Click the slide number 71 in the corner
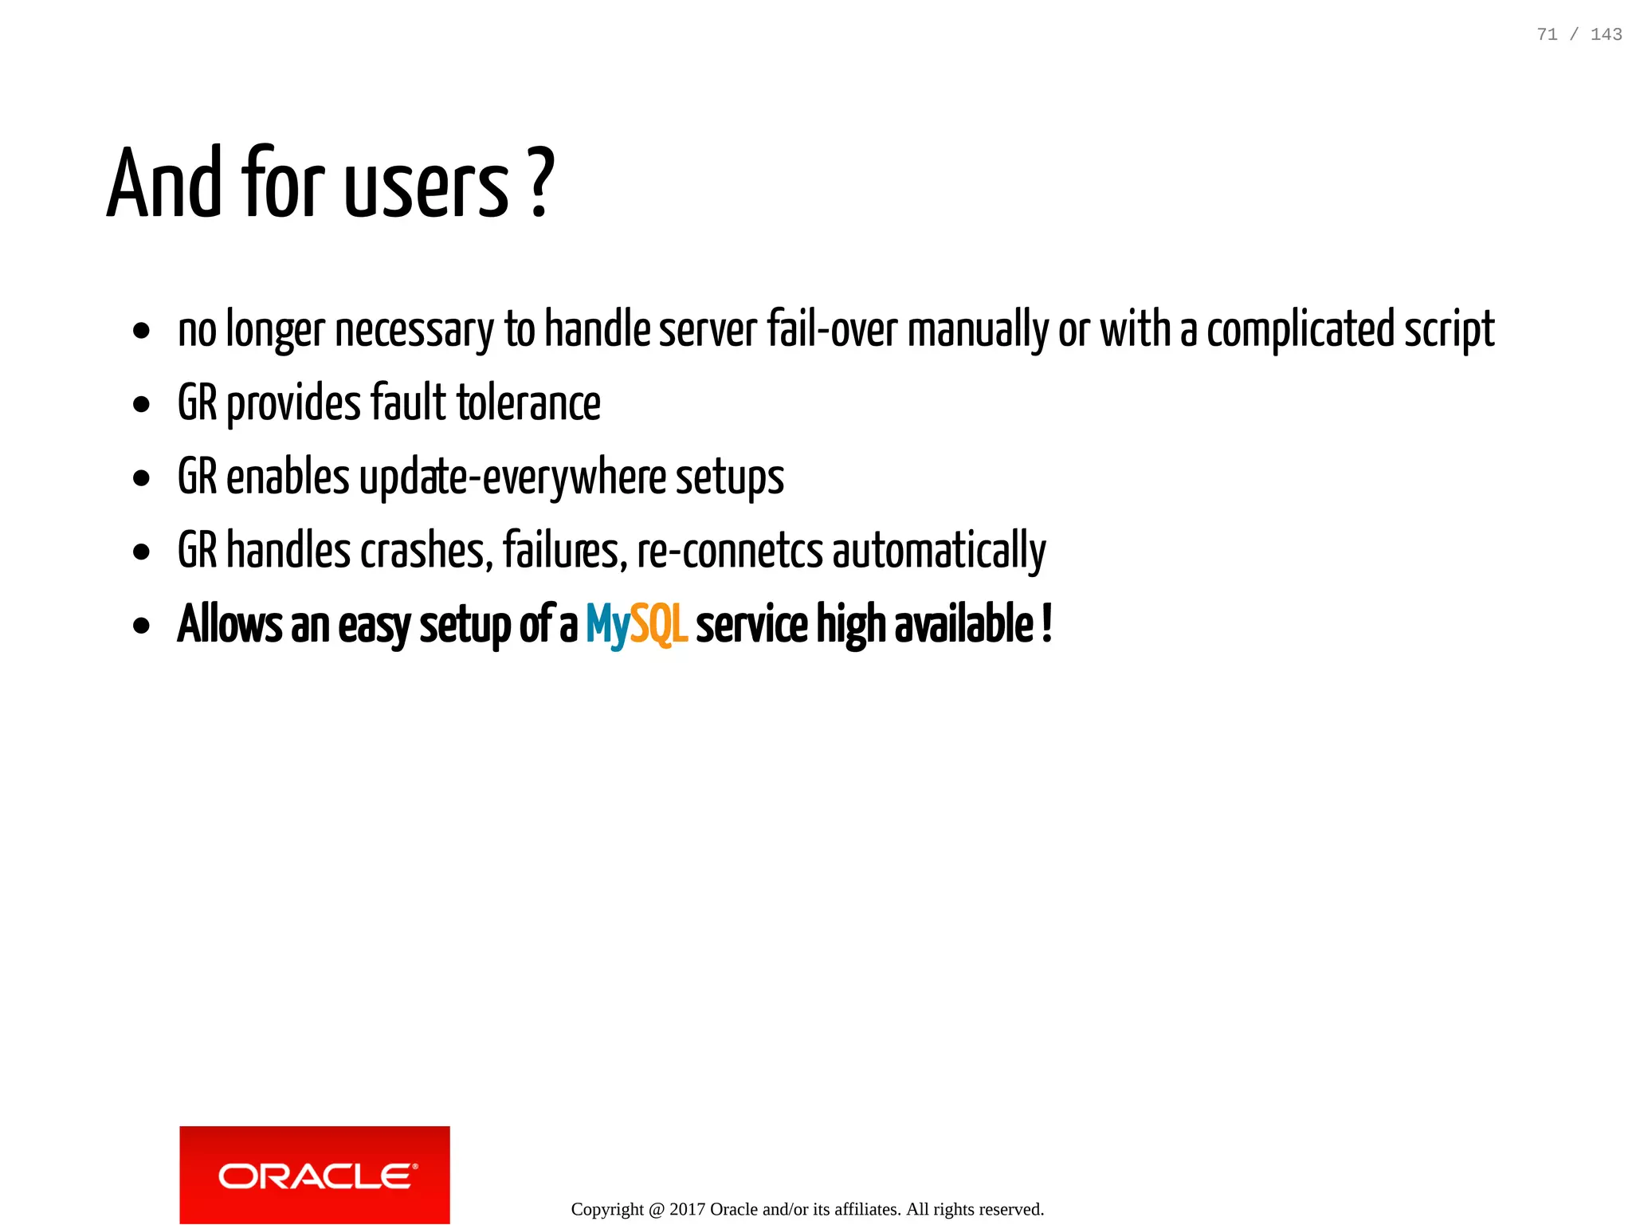pyautogui.click(x=1547, y=34)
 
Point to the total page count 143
pyautogui.click(x=1606, y=34)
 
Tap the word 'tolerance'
pyautogui.click(x=528, y=402)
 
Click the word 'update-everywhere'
pyautogui.click(x=512, y=477)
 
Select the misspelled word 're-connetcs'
pyautogui.click(x=730, y=551)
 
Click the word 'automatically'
pyautogui.click(x=939, y=551)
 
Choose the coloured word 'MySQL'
pyautogui.click(x=636, y=625)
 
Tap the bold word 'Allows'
pyautogui.click(x=229, y=624)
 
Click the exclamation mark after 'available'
pyautogui.click(x=1046, y=623)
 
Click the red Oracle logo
pyautogui.click(x=315, y=1175)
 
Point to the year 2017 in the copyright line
pyautogui.click(x=687, y=1209)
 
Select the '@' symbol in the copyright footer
pyautogui.click(x=656, y=1210)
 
